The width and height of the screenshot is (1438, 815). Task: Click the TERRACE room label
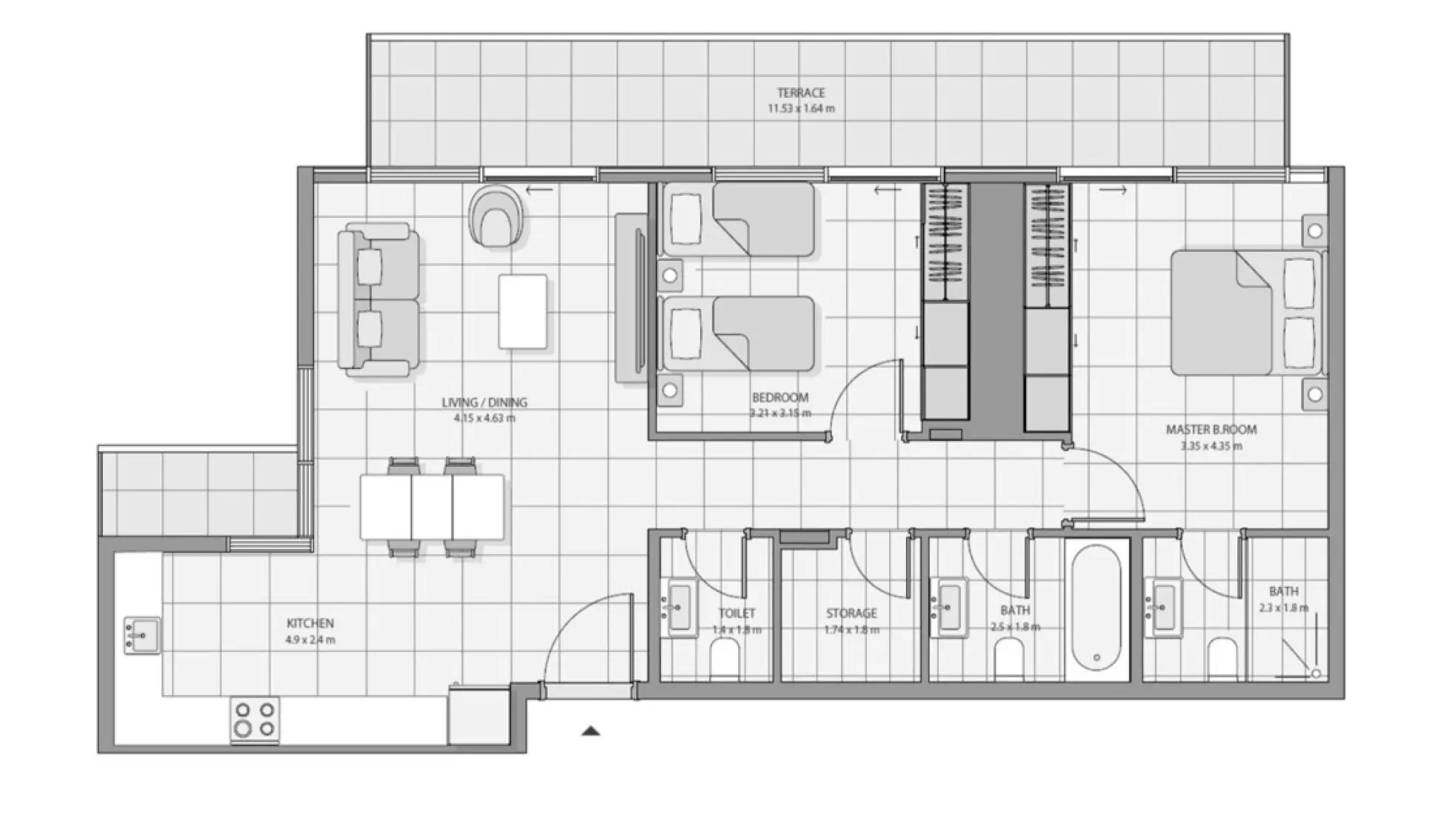point(800,93)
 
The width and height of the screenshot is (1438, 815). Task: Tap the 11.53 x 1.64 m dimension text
point(800,108)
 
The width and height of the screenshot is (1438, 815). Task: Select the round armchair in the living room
point(496,216)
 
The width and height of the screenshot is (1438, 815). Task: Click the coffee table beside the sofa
point(522,311)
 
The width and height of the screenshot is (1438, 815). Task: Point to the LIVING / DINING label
point(485,402)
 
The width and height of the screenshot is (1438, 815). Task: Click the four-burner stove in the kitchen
point(254,719)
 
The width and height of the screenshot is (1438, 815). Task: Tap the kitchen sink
point(142,636)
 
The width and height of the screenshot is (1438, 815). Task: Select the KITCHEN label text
point(310,623)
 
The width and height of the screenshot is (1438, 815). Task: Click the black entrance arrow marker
point(590,731)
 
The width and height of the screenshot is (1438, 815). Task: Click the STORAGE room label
point(851,613)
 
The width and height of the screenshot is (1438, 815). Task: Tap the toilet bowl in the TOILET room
point(725,658)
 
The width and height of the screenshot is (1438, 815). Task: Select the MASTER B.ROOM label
point(1211,429)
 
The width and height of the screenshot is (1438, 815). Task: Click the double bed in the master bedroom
point(1245,313)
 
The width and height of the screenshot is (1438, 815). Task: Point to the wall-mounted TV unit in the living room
point(632,298)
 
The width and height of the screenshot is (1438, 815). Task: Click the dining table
point(432,508)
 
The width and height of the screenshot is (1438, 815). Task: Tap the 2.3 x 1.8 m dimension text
point(1283,608)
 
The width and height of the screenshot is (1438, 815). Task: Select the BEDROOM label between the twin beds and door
point(780,397)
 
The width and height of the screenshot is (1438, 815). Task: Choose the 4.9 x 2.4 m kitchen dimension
point(310,639)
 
